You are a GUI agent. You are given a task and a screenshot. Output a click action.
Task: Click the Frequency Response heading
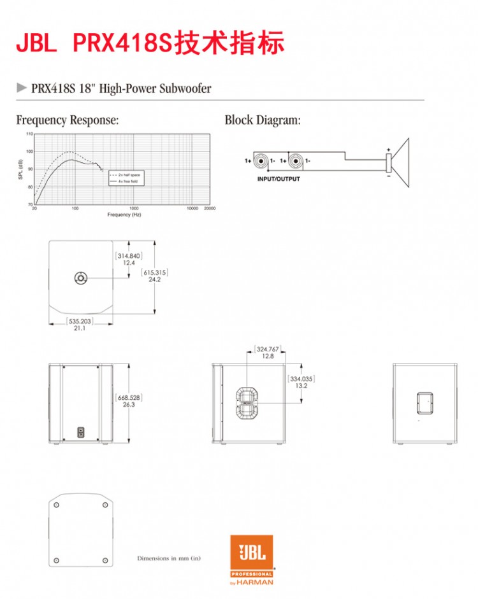pos(67,120)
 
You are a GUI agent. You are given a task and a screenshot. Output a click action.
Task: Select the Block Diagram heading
pos(262,120)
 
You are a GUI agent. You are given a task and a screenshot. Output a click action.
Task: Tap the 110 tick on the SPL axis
pos(29,134)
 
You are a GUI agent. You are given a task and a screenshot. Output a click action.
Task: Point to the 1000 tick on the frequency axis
pos(134,208)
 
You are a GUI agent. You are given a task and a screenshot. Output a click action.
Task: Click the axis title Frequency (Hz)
pos(124,215)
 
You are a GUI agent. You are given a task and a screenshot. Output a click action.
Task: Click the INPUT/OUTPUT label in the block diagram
pos(278,179)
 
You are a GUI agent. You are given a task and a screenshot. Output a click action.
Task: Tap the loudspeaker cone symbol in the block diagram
pos(400,162)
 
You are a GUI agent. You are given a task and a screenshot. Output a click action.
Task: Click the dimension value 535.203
pos(80,321)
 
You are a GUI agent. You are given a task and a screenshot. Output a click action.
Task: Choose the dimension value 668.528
pos(129,397)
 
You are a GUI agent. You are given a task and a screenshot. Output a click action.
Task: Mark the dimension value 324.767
pos(268,349)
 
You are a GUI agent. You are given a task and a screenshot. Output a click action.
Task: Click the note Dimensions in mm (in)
pos(169,558)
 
